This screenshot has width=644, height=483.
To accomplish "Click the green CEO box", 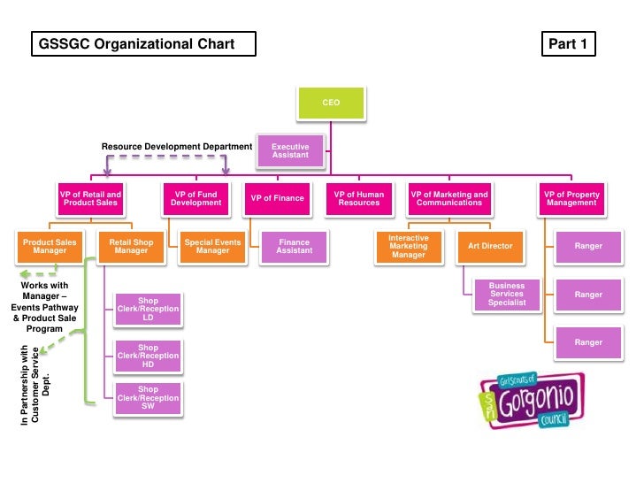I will coord(331,103).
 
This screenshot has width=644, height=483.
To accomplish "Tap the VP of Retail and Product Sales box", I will coord(90,199).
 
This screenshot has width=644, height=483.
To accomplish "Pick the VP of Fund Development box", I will coord(196,199).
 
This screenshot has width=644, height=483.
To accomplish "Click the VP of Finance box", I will coord(277,199).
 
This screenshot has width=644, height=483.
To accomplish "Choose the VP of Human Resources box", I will coord(358,199).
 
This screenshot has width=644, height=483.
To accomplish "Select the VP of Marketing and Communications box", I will coord(449,199).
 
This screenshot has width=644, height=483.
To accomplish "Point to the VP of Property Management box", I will coord(571,199).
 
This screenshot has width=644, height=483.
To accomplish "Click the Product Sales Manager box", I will coord(50,247).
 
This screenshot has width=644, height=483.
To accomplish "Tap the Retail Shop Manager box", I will coord(132,247).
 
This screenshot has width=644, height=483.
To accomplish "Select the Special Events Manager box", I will coord(212,247).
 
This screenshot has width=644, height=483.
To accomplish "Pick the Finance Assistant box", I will coord(294,247).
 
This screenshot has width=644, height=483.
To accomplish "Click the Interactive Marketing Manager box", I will coord(409,247).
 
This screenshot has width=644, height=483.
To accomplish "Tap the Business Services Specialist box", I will coord(507,295).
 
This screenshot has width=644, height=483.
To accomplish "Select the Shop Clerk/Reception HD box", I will coord(149,356).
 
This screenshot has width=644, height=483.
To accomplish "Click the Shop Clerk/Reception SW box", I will coord(149,398).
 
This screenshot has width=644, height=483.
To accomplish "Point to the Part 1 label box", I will coord(568,44).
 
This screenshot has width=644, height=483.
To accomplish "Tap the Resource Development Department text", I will coord(177,146).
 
